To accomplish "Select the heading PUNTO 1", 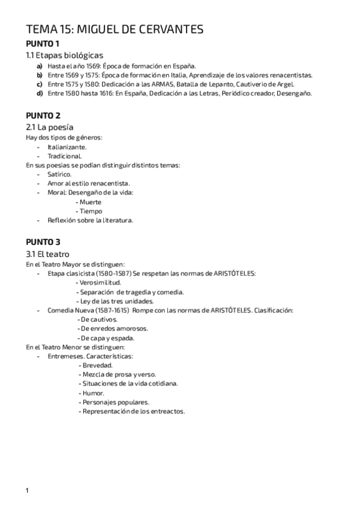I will [43, 44].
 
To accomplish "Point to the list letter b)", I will [40, 75].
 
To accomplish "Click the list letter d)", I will [40, 93].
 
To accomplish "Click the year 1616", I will [102, 93].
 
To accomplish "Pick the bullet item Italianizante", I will [67, 146].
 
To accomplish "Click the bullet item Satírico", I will [59, 174].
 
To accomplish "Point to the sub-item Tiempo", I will [90, 211].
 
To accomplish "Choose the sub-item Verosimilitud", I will [100, 282].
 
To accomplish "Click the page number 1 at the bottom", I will [28, 490].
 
